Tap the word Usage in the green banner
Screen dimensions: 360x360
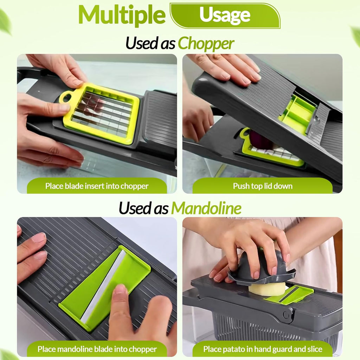coord(225,15)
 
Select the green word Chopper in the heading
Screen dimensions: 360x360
coord(206,44)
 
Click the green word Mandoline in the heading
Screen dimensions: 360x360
coord(206,208)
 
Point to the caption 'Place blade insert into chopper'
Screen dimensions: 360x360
coord(97,186)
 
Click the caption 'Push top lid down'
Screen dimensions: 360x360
coord(263,186)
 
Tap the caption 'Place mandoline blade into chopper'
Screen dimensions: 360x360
coord(97,349)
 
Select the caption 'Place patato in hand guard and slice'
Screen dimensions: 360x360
coord(263,349)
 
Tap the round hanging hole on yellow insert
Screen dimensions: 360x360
coord(65,97)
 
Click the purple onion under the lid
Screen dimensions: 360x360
coord(260,140)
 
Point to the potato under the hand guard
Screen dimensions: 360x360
coord(267,289)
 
